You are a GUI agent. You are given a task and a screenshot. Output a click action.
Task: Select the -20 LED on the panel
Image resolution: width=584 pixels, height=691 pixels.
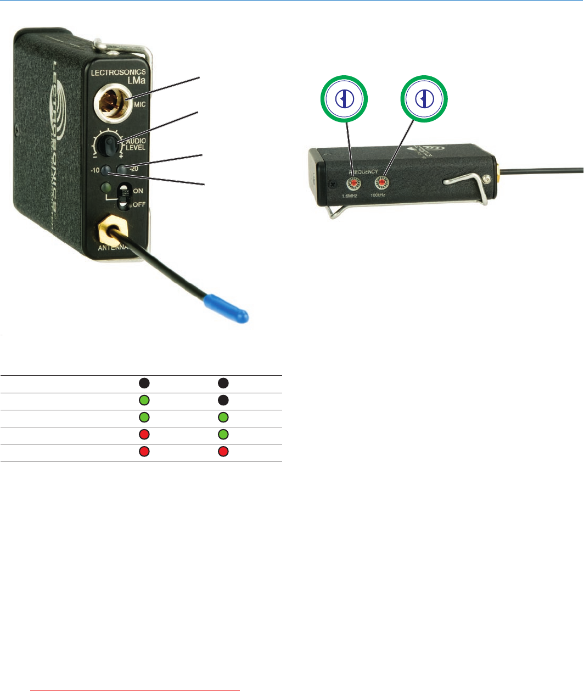tap(121, 168)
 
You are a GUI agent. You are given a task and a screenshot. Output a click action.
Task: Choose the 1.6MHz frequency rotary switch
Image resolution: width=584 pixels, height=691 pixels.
tap(353, 183)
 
